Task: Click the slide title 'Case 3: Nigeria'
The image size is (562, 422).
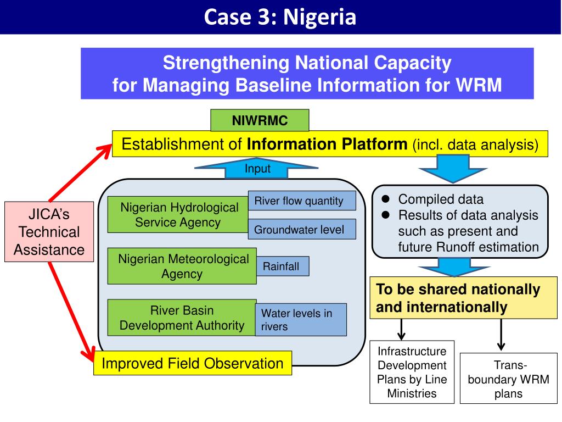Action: pos(280,17)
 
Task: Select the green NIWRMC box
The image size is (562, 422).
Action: pos(260,120)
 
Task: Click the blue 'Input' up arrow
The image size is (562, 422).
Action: pos(257,169)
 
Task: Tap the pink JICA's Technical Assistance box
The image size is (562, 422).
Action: pos(49,231)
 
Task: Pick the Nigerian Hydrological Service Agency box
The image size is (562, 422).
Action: pos(179,215)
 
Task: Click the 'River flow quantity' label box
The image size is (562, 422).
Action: pos(301,201)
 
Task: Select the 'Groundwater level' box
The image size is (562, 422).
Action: pos(301,230)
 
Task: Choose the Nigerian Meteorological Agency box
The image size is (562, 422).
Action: pos(182,266)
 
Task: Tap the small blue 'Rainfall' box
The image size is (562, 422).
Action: pos(283,266)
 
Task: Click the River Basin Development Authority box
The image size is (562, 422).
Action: pos(182,318)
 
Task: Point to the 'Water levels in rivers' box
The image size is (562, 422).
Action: pos(301,320)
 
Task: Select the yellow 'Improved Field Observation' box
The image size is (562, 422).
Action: pos(193,363)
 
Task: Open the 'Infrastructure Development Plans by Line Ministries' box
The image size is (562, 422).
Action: pos(412,372)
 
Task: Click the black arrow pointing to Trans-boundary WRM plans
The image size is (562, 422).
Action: pos(501,336)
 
